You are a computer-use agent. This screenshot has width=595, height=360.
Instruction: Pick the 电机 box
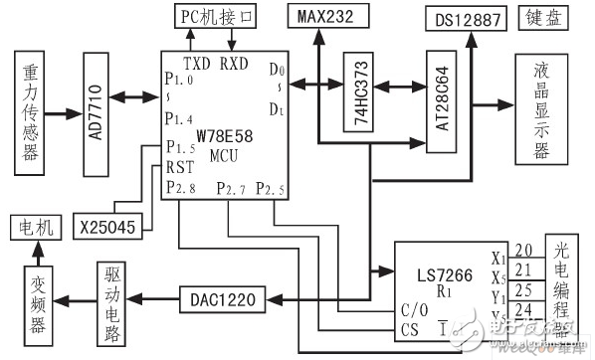(x=35, y=228)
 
